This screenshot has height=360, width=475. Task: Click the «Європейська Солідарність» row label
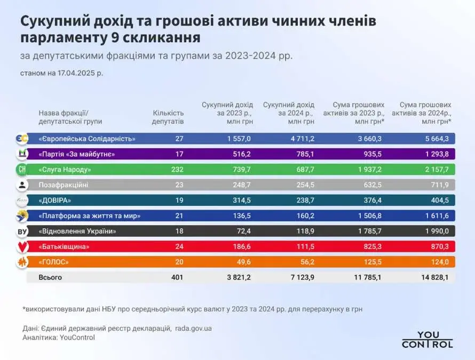(x=87, y=139)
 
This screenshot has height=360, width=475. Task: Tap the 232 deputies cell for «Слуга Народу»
(x=177, y=170)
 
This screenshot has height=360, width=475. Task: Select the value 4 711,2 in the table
(x=302, y=139)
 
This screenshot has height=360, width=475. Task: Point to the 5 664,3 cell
(x=437, y=139)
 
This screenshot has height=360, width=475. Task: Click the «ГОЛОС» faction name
(x=53, y=262)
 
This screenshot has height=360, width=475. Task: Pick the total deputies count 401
(x=177, y=277)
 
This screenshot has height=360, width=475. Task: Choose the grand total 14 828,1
(x=435, y=277)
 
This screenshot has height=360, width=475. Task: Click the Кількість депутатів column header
(x=168, y=117)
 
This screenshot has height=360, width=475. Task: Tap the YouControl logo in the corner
(x=427, y=339)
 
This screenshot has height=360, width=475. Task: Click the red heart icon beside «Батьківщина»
(x=22, y=247)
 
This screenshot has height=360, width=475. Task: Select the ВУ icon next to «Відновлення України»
(x=22, y=231)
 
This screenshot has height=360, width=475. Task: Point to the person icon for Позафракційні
(x=22, y=185)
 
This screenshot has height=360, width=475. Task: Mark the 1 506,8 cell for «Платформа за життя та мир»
(x=369, y=216)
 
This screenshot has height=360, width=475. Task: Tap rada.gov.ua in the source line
(x=193, y=329)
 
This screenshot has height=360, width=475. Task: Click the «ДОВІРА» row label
(x=55, y=201)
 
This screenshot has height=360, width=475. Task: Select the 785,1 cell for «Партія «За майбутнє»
(x=305, y=154)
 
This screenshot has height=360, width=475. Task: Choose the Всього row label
(x=50, y=277)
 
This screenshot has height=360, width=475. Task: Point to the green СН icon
(x=22, y=170)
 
